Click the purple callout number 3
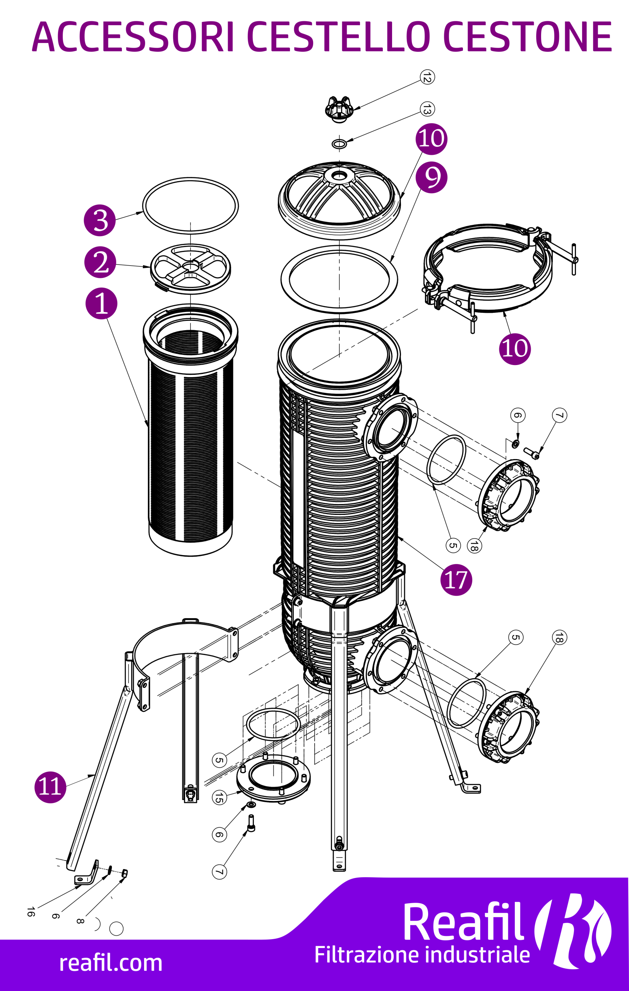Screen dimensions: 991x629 pyautogui.click(x=99, y=220)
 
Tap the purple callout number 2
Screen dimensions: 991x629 pyautogui.click(x=100, y=262)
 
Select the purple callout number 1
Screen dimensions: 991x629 pyautogui.click(x=101, y=303)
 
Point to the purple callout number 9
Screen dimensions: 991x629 pyautogui.click(x=431, y=177)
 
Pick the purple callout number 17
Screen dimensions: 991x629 pyautogui.click(x=456, y=580)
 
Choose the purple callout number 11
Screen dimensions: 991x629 pyautogui.click(x=50, y=787)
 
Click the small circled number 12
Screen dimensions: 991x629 pyautogui.click(x=427, y=77)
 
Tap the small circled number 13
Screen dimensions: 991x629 pyautogui.click(x=427, y=109)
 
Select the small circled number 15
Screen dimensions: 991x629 pyautogui.click(x=219, y=797)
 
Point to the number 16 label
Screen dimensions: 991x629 pyautogui.click(x=31, y=912)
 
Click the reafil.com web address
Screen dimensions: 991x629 pyautogui.click(x=111, y=964)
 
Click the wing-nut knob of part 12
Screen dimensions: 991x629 pyautogui.click(x=339, y=109)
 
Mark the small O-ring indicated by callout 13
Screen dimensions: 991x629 pyautogui.click(x=339, y=144)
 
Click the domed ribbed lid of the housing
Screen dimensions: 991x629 pyautogui.click(x=339, y=197)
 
